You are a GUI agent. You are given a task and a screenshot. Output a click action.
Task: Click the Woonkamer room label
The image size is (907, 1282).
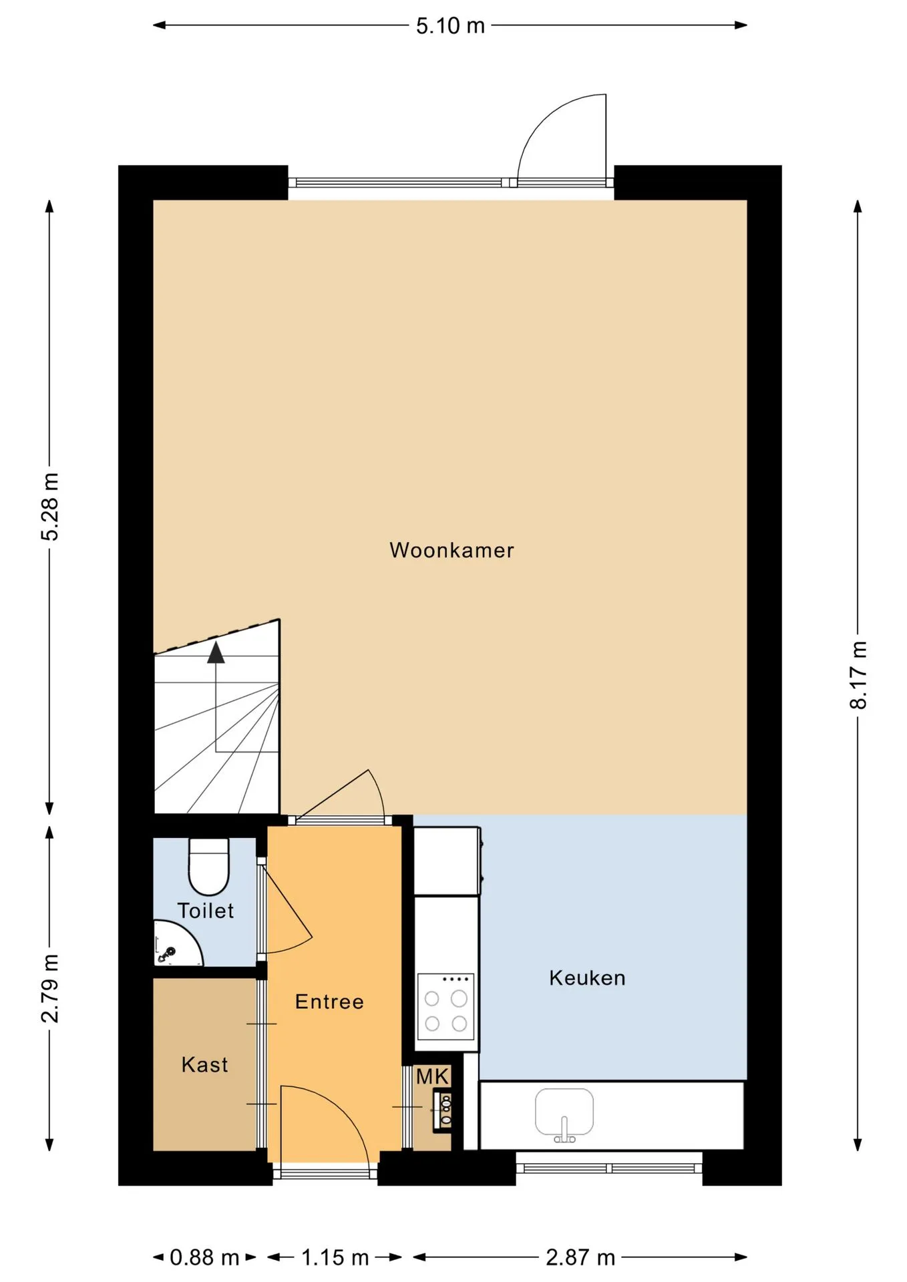point(451,550)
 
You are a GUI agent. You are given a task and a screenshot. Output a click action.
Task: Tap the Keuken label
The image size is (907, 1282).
point(587,978)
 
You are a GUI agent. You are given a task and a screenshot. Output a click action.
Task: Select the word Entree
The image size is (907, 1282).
point(329,1002)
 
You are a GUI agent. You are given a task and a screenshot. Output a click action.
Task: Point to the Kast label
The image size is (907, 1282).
point(204,1064)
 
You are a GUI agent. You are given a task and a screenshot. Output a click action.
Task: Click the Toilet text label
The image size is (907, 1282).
point(205,911)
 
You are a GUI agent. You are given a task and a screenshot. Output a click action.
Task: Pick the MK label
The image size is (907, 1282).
point(432,1076)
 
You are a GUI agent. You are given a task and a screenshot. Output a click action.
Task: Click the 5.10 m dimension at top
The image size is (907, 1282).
point(450,26)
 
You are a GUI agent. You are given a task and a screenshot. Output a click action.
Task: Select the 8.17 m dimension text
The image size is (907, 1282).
point(858,675)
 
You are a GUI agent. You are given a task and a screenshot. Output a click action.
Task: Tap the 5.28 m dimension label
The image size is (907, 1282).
point(50,506)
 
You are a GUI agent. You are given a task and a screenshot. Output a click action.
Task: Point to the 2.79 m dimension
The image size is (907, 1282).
point(50,988)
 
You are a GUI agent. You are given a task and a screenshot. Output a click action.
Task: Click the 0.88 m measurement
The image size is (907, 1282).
point(204,1258)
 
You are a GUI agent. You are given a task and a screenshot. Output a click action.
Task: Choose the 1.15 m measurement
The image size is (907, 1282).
point(335,1258)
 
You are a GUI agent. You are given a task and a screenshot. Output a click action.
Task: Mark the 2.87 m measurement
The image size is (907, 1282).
point(580,1258)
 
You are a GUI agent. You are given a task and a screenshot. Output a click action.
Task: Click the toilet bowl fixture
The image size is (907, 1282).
point(209,866)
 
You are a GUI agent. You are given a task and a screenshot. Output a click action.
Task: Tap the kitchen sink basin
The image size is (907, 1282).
point(564,1112)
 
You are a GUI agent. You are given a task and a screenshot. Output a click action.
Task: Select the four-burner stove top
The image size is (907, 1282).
point(445,1006)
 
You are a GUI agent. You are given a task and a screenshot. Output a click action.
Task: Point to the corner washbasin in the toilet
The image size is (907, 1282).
point(174,945)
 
